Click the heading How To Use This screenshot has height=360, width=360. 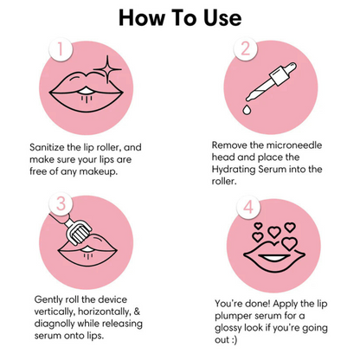click(180, 17)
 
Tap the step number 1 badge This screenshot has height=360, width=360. click(60, 49)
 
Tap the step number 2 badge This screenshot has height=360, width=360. click(246, 48)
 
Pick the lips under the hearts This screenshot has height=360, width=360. click(275, 254)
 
